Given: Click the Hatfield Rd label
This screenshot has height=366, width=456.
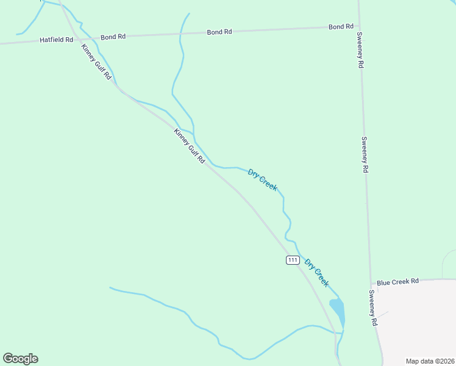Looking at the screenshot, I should pos(56,40).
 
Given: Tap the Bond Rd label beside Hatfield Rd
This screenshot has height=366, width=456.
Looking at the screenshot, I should pos(113,37).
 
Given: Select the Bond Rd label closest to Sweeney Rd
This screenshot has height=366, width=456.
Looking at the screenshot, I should pos(341,27).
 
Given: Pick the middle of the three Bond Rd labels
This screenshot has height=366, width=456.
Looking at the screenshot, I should pos(219,32).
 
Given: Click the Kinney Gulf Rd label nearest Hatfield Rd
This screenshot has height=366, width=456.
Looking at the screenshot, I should pos(97,62).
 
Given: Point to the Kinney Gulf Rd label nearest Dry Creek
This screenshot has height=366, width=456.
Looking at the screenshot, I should pos(189,146).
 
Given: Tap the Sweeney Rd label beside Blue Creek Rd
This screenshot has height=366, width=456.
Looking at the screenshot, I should pos(373,307).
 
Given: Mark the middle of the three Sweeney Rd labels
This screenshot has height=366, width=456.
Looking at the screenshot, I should pos(365,154).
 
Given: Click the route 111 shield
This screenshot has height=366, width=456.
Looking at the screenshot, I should pos(293,260).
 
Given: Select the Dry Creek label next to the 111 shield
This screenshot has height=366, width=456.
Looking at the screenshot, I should pos(317,273).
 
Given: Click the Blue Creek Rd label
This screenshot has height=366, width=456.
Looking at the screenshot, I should pos(397,281).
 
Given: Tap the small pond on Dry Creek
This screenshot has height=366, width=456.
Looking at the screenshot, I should pos(337,311).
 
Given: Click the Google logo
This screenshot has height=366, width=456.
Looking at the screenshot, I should pos(20,359).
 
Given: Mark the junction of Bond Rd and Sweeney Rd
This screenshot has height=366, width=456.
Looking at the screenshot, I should pos(358,26).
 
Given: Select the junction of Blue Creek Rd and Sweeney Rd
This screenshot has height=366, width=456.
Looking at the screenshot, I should pos(371,282).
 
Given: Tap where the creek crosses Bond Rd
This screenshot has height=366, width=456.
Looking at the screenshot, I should pos(180,34).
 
